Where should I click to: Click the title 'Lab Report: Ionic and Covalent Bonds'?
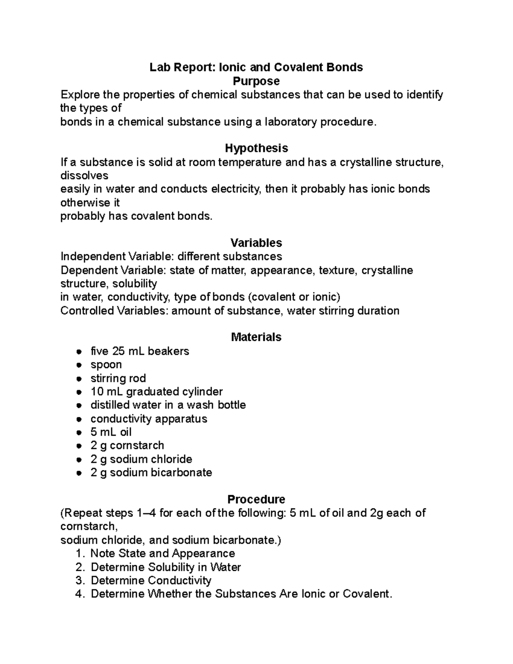(x=256, y=67)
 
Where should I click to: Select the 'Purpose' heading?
(x=256, y=81)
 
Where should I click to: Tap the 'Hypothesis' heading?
(x=256, y=148)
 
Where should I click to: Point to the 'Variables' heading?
(x=256, y=243)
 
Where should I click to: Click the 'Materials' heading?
(x=256, y=337)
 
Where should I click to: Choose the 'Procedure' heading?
(x=256, y=499)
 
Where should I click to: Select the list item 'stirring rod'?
(x=118, y=378)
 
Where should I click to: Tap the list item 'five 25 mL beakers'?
(x=139, y=351)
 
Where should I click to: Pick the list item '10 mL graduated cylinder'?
(x=156, y=392)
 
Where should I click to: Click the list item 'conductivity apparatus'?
(x=149, y=419)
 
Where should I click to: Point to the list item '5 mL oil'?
(x=111, y=432)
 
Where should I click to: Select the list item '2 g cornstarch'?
(x=127, y=446)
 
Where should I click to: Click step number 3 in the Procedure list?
(x=79, y=581)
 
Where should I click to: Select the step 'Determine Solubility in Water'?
(x=166, y=567)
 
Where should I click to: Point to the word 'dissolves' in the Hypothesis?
(x=84, y=176)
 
